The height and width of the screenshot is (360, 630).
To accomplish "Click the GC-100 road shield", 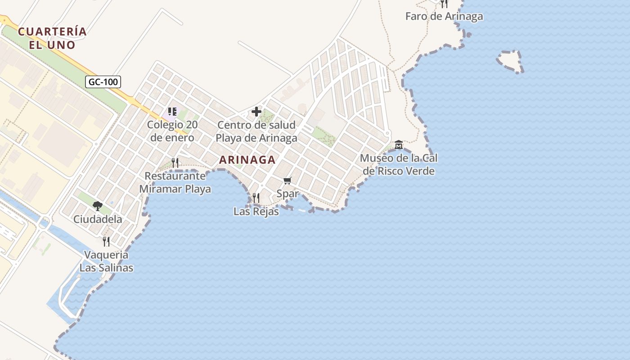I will click(103, 82).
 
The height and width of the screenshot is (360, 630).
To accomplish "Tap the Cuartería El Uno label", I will click(52, 38).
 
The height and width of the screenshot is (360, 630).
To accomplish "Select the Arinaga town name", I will click(247, 160).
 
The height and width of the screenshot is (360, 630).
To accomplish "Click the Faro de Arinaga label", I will click(444, 17).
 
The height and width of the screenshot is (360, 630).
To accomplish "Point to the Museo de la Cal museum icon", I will click(399, 145).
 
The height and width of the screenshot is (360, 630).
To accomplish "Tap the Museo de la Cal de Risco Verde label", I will click(399, 165).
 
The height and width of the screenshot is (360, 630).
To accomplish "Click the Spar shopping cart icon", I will click(288, 180).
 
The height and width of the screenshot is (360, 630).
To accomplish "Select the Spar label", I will click(288, 194).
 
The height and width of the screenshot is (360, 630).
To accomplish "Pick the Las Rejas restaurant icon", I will click(256, 198).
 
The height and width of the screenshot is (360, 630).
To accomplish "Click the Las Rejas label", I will click(256, 211).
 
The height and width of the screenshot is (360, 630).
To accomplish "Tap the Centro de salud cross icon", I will click(256, 112).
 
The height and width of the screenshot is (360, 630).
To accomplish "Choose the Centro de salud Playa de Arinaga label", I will click(256, 131).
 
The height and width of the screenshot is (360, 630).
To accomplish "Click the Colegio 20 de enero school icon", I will click(172, 111).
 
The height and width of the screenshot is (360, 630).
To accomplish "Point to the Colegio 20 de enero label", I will click(172, 131).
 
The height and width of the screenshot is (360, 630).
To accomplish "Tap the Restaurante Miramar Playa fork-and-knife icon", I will click(175, 162).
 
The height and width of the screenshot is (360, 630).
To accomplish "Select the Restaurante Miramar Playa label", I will click(175, 182).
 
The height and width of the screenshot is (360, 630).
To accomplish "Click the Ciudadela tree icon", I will click(98, 206).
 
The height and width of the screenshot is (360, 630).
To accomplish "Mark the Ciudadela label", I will click(98, 220).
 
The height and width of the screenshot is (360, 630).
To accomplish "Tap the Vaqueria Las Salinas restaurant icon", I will click(106, 242).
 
